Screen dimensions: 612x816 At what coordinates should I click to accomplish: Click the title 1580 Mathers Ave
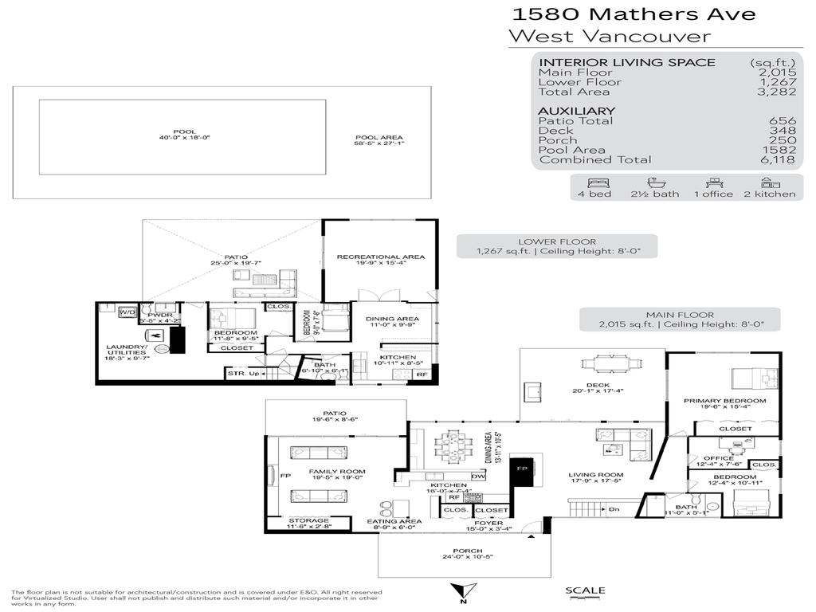tap(633, 14)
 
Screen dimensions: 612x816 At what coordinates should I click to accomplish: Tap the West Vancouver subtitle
tap(609, 36)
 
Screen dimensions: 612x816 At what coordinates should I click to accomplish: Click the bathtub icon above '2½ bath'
tap(655, 182)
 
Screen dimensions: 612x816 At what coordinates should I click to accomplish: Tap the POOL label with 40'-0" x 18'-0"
tap(182, 135)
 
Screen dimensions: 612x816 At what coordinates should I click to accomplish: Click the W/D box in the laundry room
tap(127, 312)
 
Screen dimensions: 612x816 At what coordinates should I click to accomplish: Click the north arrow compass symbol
tap(460, 592)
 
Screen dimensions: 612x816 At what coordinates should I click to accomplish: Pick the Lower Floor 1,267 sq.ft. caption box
tap(556, 246)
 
